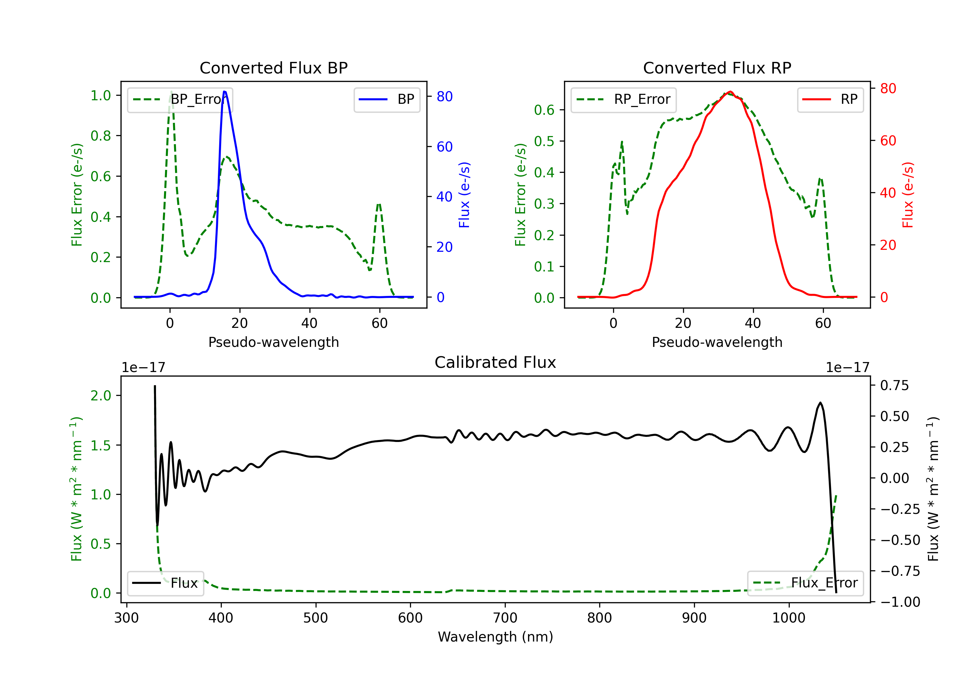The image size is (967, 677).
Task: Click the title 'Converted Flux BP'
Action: (x=273, y=68)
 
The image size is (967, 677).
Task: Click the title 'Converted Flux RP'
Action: (x=717, y=68)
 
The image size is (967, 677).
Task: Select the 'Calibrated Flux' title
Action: (x=495, y=362)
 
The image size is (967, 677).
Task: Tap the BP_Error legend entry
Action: (x=180, y=99)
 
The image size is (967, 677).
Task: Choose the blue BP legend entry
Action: (x=386, y=99)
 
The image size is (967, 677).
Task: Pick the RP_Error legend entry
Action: (x=623, y=99)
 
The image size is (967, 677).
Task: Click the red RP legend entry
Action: (x=830, y=99)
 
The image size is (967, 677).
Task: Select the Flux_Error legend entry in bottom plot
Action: (x=805, y=583)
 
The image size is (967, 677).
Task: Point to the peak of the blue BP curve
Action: (x=224, y=92)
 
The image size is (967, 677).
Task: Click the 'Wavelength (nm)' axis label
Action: (x=495, y=637)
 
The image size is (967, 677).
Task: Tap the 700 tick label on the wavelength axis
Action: (x=505, y=618)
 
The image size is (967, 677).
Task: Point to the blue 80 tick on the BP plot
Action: (x=444, y=96)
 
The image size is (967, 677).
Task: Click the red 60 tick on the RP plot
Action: (x=888, y=141)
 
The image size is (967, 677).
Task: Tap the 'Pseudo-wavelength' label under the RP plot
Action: (x=717, y=342)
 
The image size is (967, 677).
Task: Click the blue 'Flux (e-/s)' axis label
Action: (x=464, y=195)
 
